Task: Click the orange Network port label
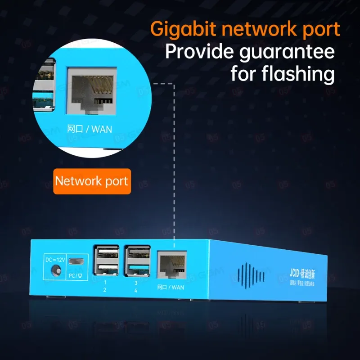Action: pos(91,181)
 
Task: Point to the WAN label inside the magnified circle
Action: pos(101,129)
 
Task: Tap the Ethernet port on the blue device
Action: pos(171,266)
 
